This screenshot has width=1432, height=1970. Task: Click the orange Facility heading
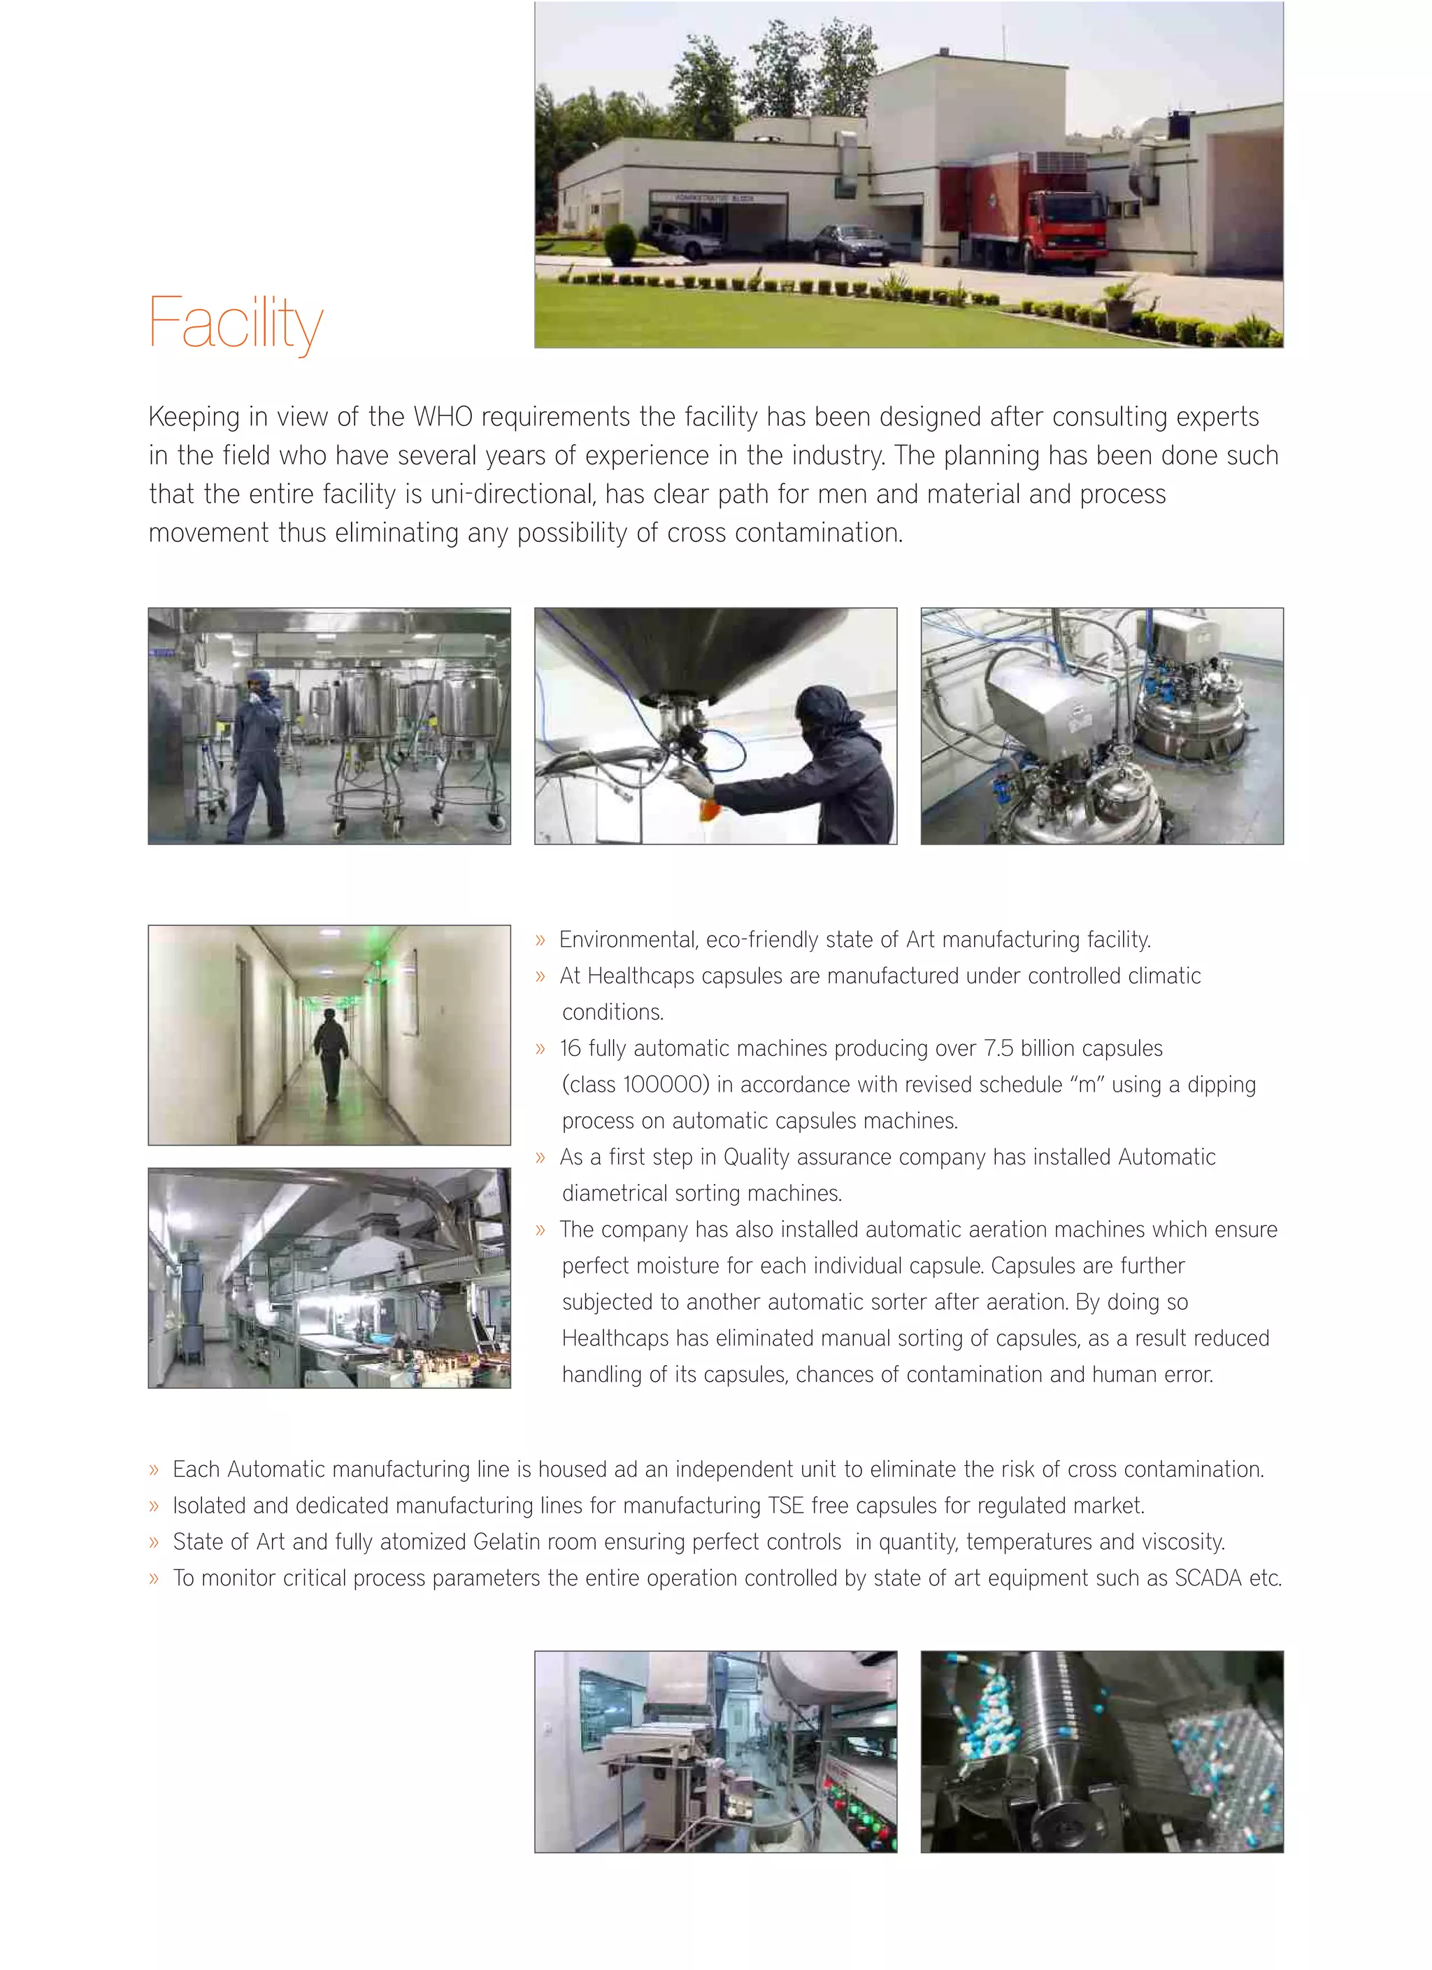click(236, 323)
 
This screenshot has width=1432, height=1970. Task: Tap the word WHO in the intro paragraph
click(442, 417)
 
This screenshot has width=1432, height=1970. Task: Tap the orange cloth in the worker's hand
click(708, 811)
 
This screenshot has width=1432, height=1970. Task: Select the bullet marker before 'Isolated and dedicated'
click(154, 1506)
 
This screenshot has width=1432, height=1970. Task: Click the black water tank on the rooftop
click(1180, 125)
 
